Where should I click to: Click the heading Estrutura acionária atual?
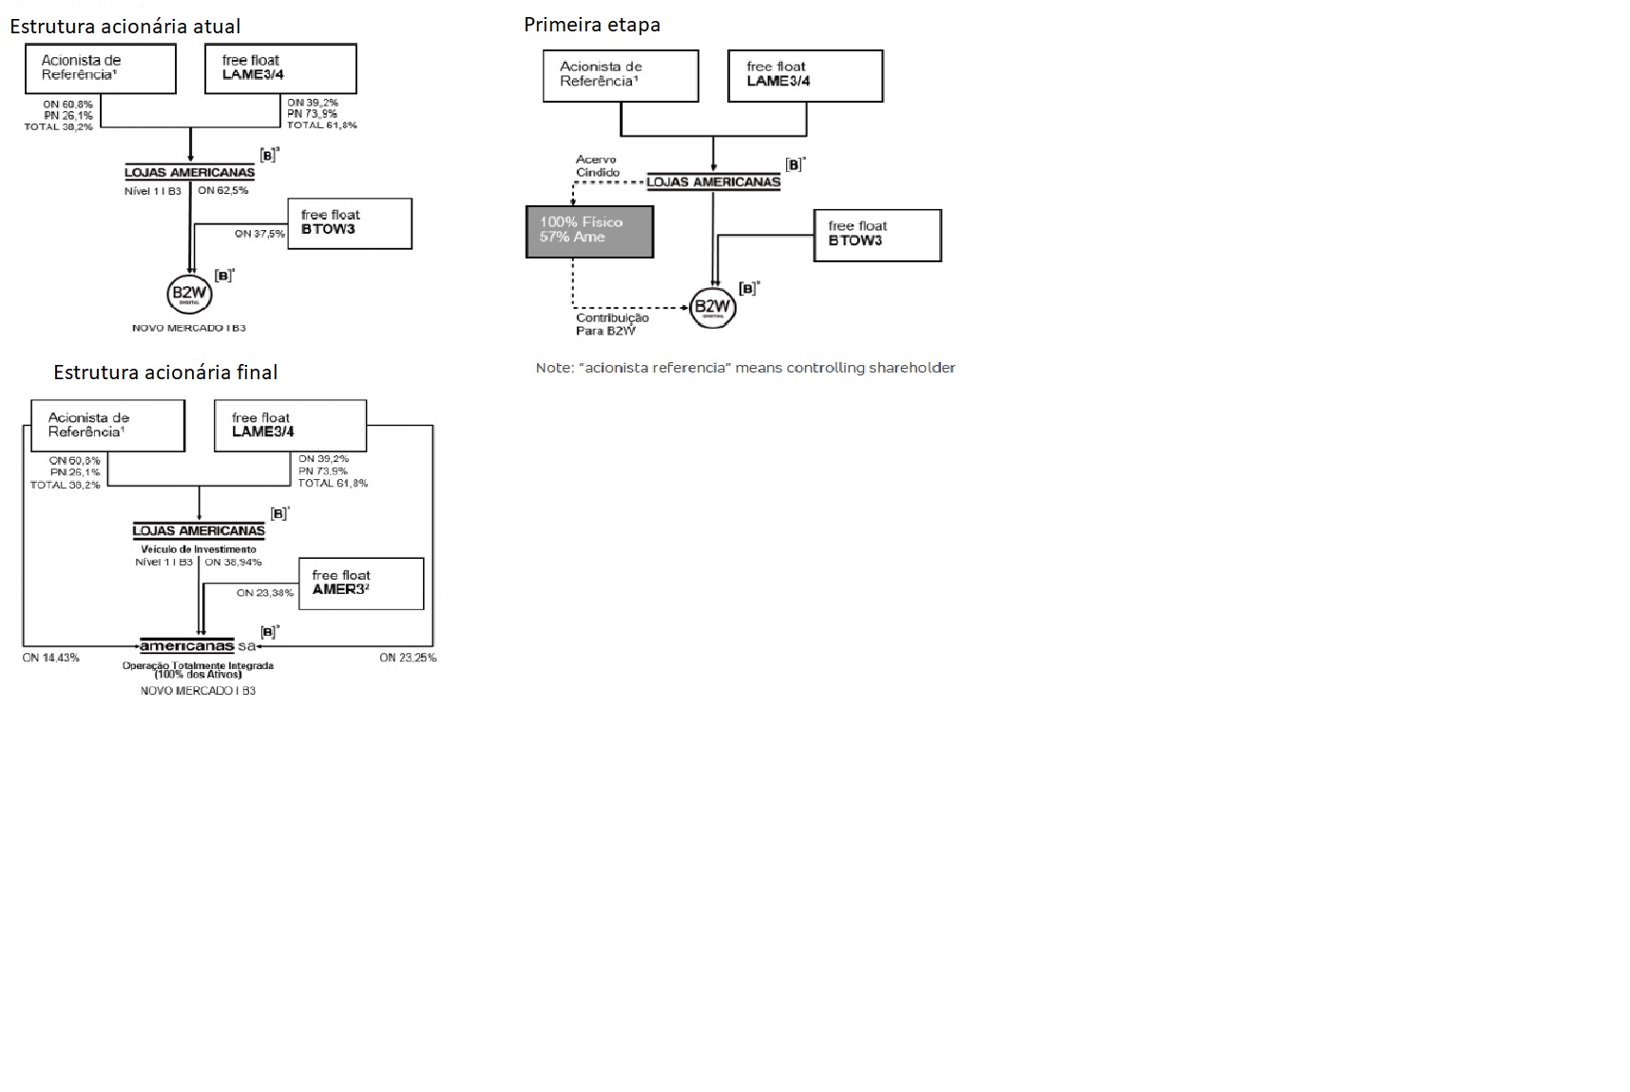point(125,26)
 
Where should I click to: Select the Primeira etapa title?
point(591,25)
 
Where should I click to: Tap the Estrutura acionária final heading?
point(165,372)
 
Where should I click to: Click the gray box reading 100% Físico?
point(589,231)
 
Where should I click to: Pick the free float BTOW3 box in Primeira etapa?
point(877,235)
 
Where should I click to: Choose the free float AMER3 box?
point(361,583)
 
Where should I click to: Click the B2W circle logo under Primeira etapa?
point(712,306)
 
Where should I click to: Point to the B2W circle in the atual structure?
point(189,294)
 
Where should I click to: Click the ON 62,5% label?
point(223,190)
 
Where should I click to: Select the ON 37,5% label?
point(259,233)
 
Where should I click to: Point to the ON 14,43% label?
point(51,658)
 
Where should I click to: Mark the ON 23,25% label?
point(408,658)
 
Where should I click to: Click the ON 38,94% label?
point(233,562)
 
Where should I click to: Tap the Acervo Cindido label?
point(598,166)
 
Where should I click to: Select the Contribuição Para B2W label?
point(612,324)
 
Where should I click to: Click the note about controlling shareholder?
point(745,368)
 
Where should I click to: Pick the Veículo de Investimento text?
point(199,549)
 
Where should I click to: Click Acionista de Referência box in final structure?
point(107,425)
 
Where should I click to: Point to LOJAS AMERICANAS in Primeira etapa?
point(713,182)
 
